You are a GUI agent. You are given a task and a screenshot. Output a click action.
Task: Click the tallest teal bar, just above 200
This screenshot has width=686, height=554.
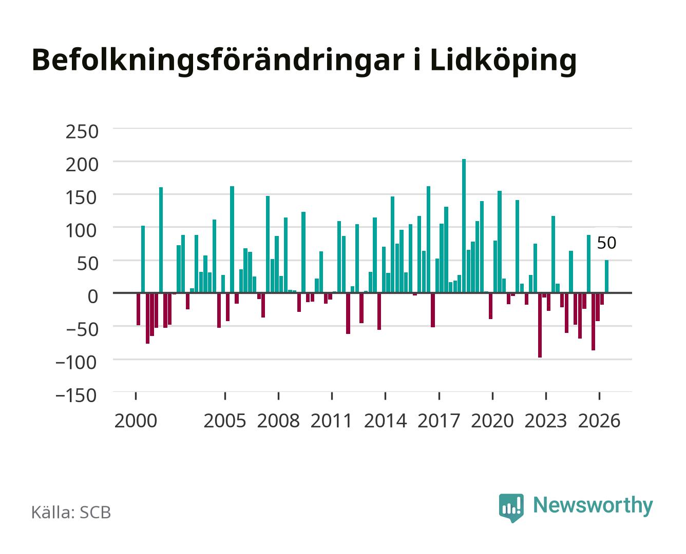pos(464,226)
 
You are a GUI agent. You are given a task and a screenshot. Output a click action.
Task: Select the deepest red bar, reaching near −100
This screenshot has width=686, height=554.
pos(540,325)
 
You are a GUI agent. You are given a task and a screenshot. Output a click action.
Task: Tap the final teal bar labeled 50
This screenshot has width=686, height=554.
pos(606,276)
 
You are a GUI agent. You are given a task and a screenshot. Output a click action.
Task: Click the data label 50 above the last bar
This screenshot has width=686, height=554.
pos(606,243)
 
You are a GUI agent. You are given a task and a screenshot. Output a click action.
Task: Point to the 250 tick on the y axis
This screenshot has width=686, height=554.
pos(82,132)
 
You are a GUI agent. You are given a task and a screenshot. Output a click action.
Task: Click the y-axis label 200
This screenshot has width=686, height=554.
pos(82,165)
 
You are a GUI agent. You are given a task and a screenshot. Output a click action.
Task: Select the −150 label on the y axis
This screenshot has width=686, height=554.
pos(76,395)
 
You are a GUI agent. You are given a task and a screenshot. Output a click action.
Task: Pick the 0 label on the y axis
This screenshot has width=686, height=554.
pos(93,296)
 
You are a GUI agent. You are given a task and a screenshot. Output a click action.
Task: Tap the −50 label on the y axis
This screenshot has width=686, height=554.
pos(82,329)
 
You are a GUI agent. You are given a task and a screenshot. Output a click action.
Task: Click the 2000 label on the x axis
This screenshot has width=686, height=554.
pos(136,421)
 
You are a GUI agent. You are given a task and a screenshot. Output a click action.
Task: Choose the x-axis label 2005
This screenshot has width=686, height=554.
pos(225,421)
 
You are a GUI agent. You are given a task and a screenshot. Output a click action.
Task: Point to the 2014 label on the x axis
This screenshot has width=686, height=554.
pos(385,421)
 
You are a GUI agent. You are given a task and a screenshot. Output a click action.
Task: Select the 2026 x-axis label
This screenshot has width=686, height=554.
pos(599,421)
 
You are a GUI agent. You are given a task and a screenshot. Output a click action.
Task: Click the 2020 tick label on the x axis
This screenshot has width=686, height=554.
pos(492,421)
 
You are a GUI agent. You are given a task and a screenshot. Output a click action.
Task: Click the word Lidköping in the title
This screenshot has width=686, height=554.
pos(503,61)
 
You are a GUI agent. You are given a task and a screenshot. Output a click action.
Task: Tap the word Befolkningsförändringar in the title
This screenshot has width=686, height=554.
pos(218,60)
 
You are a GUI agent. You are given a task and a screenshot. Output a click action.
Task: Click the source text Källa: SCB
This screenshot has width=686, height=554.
pos(71,512)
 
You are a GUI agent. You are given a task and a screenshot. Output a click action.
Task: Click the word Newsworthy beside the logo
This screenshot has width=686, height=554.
pos(593,505)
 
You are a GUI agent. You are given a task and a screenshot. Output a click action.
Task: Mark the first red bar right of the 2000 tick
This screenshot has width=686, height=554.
pos(139,309)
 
